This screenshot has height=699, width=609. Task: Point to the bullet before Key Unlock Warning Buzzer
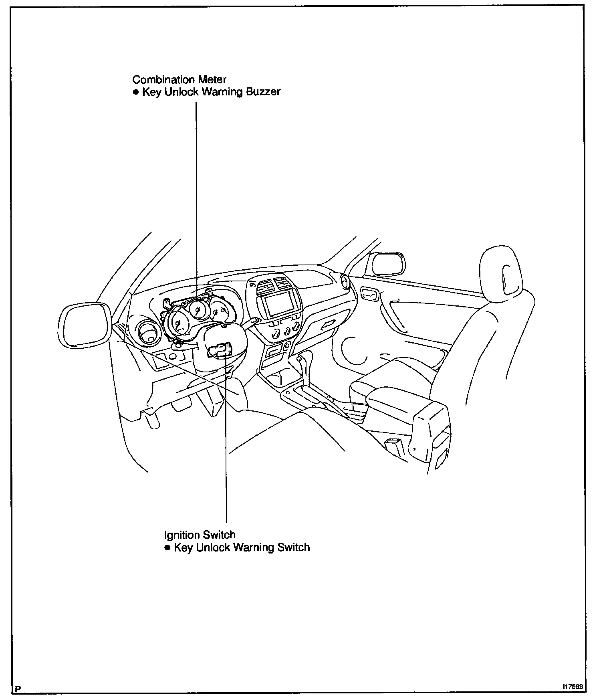click(135, 92)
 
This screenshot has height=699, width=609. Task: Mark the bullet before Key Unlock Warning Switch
click(167, 548)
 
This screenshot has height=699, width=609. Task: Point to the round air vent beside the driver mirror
click(148, 333)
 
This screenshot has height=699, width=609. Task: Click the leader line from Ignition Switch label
click(226, 461)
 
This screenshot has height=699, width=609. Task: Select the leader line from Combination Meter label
click(196, 180)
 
